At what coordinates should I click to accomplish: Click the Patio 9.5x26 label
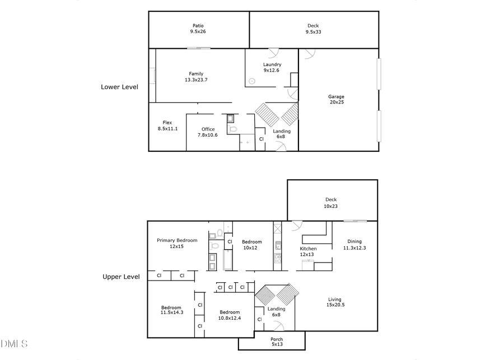[198, 29]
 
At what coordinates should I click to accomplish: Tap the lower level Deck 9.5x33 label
[314, 29]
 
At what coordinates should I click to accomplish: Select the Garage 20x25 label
[336, 100]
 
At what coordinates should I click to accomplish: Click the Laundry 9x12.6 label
[272, 67]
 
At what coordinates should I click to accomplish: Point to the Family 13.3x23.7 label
[196, 77]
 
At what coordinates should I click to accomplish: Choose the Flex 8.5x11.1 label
[167, 125]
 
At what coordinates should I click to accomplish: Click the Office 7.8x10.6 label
[208, 132]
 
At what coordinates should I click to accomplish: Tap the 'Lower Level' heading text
[119, 87]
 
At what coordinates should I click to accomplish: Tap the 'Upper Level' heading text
[120, 277]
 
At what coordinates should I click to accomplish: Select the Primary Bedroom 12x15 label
[177, 243]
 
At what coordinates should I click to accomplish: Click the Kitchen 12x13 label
[309, 251]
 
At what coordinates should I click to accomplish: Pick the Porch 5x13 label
[277, 342]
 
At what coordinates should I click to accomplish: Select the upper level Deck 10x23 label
[331, 203]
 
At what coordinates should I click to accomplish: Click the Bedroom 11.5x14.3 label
[171, 311]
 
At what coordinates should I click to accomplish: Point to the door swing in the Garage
[309, 54]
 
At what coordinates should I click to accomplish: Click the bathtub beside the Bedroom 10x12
[227, 260]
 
